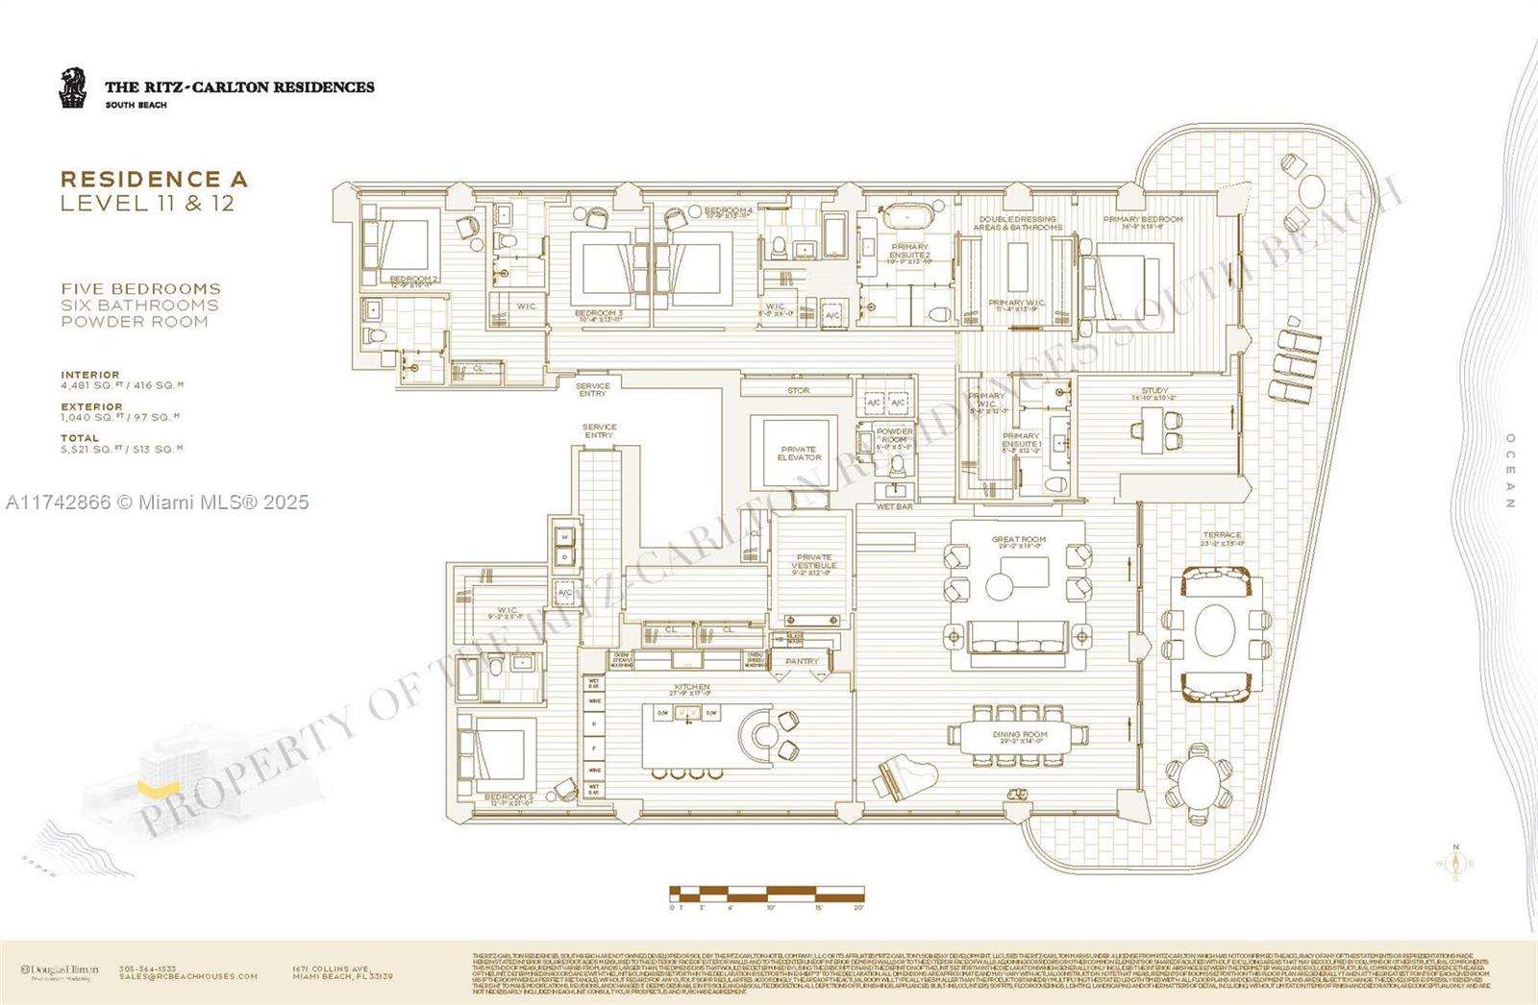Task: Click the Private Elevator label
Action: click(x=799, y=453)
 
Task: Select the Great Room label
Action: click(x=1018, y=540)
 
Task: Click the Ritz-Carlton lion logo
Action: click(x=73, y=87)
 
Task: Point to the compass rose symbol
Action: click(x=1455, y=862)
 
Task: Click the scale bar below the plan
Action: click(x=766, y=894)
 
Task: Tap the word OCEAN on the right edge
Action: click(x=1510, y=471)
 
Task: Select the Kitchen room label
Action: click(x=691, y=688)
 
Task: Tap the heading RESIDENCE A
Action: click(x=154, y=179)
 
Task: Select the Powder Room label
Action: click(x=894, y=435)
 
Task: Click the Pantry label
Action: click(x=802, y=661)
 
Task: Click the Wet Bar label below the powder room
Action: click(x=894, y=506)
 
